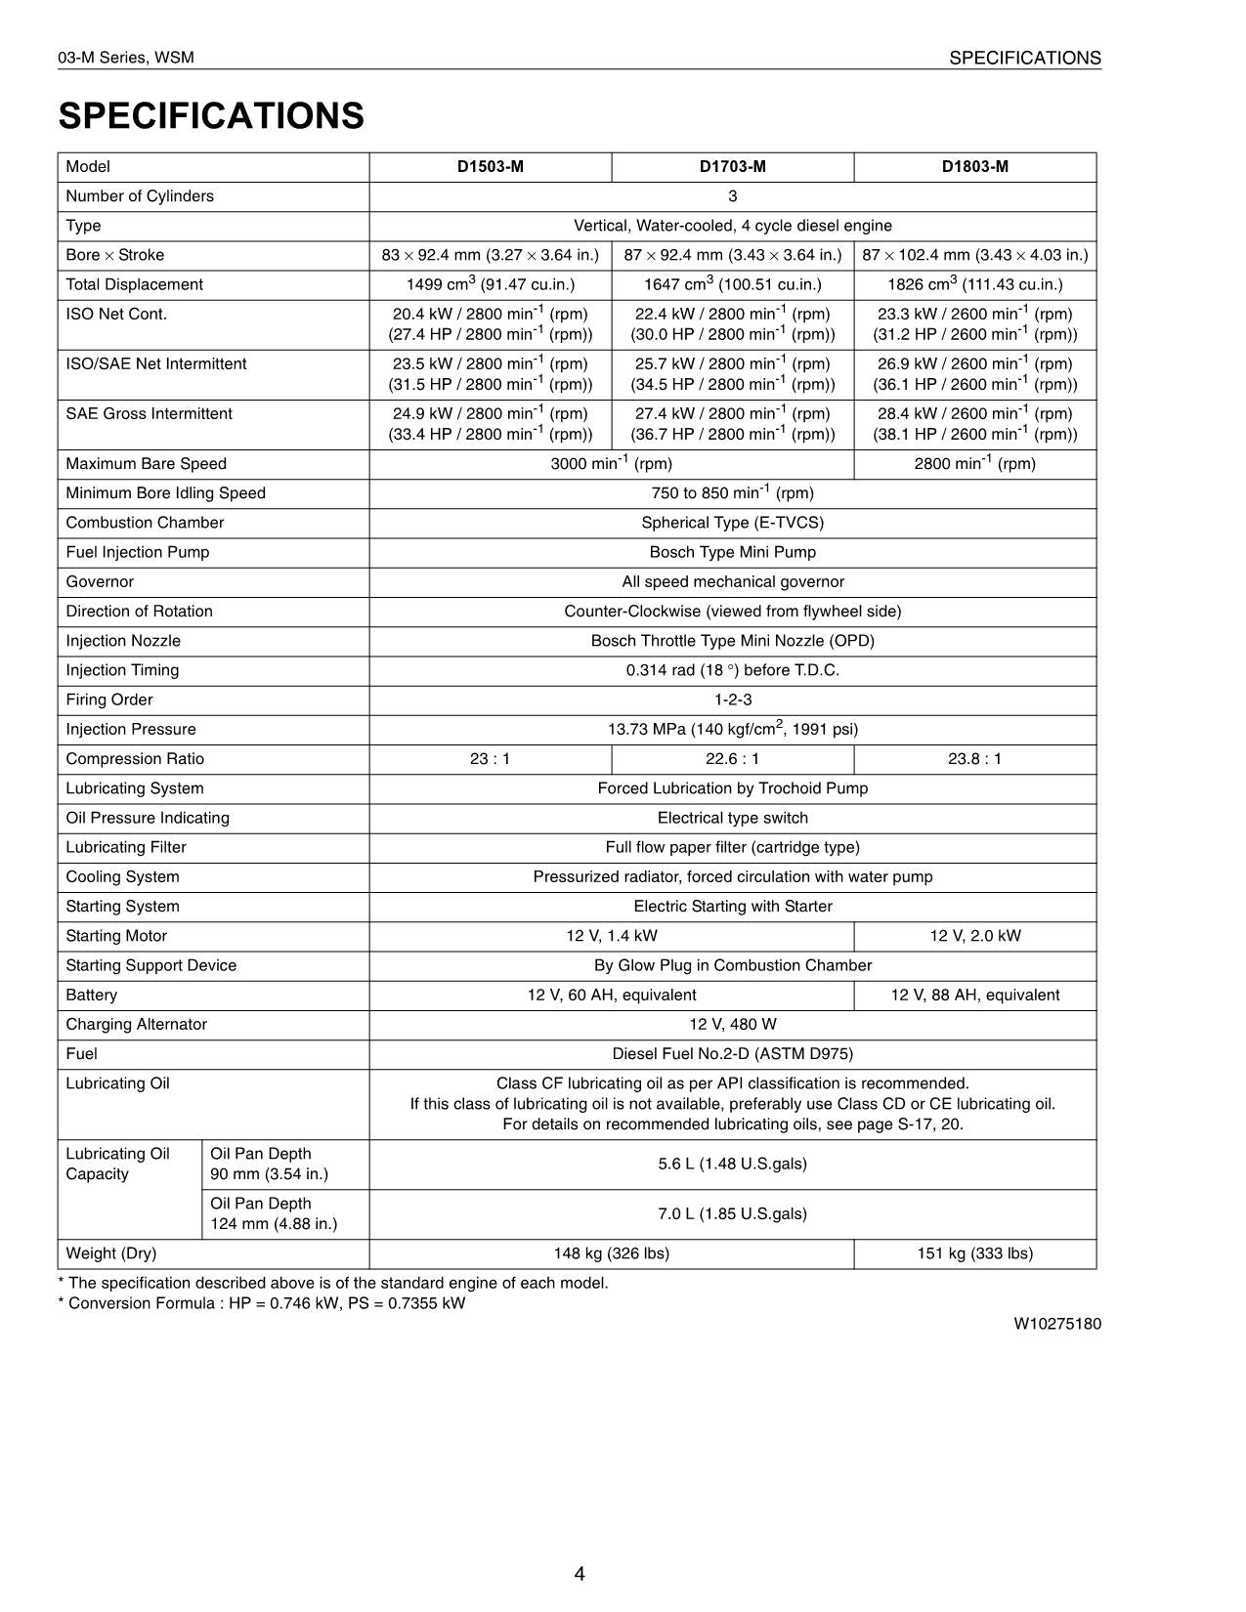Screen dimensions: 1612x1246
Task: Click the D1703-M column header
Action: point(732,166)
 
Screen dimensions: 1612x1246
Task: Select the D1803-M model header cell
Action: point(974,166)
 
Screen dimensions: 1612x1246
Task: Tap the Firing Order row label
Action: point(109,700)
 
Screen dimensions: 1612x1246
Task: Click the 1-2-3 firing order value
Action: point(732,700)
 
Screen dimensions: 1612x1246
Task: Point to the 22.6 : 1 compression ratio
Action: point(732,758)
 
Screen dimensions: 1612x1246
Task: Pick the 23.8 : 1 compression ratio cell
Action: point(974,758)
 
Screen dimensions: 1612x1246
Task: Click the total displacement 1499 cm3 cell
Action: point(490,284)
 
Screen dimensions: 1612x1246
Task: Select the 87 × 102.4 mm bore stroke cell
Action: point(974,255)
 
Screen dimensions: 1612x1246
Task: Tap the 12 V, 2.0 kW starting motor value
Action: point(974,935)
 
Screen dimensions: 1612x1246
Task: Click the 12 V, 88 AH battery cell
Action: point(974,995)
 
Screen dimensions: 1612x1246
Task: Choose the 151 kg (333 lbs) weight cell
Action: point(974,1253)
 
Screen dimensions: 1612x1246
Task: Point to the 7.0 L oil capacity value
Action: point(732,1213)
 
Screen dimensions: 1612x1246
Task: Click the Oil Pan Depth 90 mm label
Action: point(269,1164)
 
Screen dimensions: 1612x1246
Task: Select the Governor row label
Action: point(100,581)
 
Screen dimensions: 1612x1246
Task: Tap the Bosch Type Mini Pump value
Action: point(732,552)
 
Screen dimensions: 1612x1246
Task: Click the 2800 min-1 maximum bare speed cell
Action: point(974,463)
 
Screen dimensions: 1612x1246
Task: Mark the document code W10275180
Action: point(1056,1324)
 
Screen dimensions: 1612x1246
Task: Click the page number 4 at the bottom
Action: point(580,1573)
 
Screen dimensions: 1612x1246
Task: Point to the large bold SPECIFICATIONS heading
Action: point(211,115)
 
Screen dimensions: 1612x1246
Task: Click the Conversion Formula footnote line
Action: point(262,1303)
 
